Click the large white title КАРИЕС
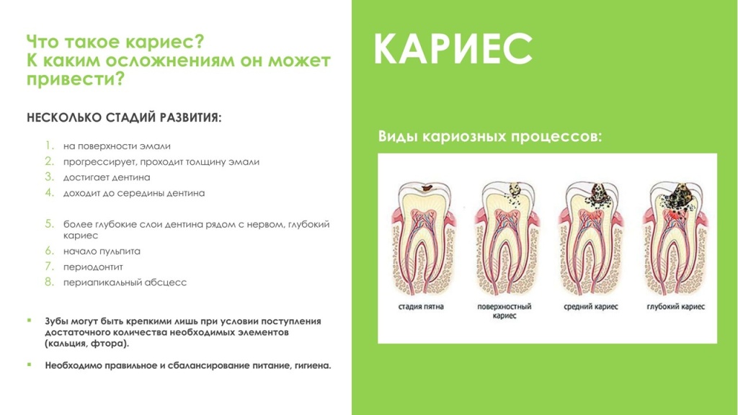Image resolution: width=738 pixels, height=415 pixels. (x=453, y=50)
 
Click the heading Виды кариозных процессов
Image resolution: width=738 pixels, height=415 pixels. (x=489, y=136)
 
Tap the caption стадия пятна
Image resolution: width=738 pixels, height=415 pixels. (x=421, y=306)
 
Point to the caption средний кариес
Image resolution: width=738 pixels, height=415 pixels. (x=591, y=306)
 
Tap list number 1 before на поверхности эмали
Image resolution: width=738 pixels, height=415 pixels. (x=49, y=146)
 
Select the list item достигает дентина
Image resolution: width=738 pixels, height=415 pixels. (x=107, y=177)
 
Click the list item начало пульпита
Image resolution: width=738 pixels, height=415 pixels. (x=102, y=251)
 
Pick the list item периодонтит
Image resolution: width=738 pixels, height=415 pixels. (x=93, y=267)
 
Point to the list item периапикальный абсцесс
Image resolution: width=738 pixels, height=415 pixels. (x=125, y=282)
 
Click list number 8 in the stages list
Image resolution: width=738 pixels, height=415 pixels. (x=49, y=282)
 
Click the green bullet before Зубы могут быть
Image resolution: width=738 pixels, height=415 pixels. (x=30, y=320)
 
